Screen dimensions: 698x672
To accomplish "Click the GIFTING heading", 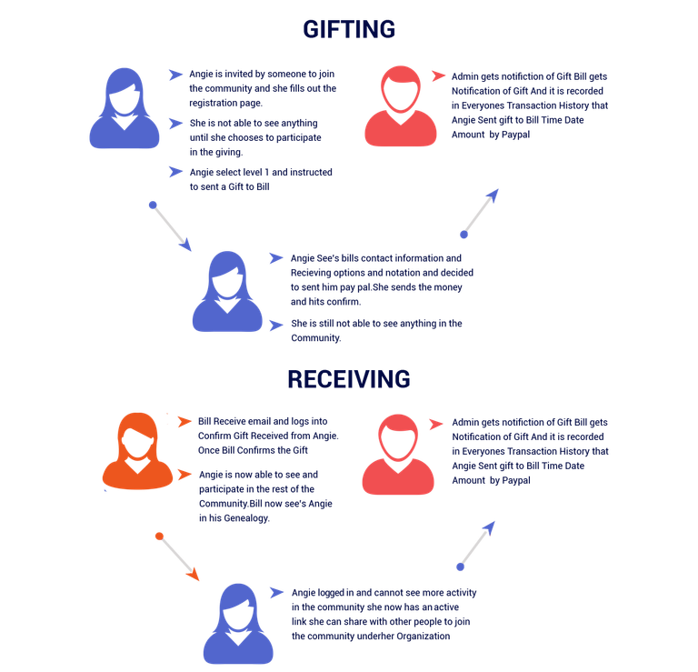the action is pyautogui.click(x=349, y=29).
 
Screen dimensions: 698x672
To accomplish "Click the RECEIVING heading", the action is pyautogui.click(x=349, y=379).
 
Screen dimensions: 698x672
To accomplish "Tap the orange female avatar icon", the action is pyautogui.click(x=137, y=451).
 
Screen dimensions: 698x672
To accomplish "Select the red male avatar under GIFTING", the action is pyautogui.click(x=401, y=106).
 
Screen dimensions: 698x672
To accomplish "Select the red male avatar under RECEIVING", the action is pyautogui.click(x=398, y=455).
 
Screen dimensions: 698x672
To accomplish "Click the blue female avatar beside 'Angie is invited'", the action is pyautogui.click(x=125, y=108).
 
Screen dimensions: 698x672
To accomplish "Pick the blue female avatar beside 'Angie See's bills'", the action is pyautogui.click(x=227, y=291).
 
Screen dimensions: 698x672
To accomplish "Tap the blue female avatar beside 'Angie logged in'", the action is pyautogui.click(x=238, y=624).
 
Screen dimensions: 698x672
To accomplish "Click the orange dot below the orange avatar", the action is pyautogui.click(x=159, y=537).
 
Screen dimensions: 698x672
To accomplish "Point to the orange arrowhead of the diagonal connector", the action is pyautogui.click(x=194, y=575).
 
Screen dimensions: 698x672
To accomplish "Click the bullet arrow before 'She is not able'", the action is pyautogui.click(x=175, y=124).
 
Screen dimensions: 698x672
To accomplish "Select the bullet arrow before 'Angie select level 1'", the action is pyautogui.click(x=175, y=172).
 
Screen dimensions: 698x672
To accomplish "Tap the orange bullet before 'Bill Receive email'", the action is pyautogui.click(x=184, y=421).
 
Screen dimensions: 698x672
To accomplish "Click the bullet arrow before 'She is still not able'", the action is pyautogui.click(x=276, y=326).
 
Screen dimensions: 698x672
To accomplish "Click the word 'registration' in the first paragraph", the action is pyautogui.click(x=213, y=104).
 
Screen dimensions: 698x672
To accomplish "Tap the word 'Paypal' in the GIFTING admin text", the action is pyautogui.click(x=515, y=135).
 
